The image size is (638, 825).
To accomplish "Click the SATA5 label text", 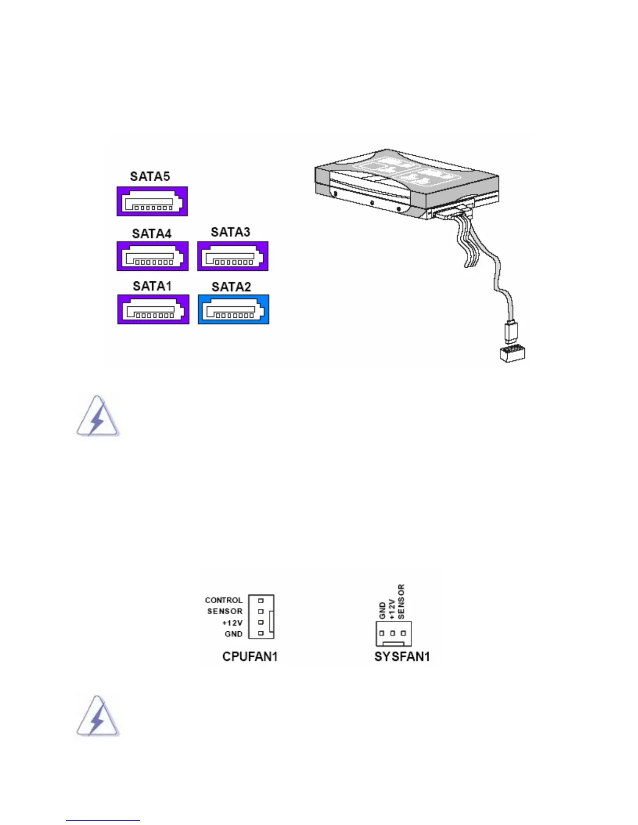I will click(150, 177).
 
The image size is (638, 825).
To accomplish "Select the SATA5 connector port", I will click(152, 202).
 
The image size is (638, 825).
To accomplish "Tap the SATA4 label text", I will click(152, 233).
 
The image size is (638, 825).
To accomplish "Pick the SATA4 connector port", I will click(153, 256).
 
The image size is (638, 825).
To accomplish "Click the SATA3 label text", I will click(230, 232).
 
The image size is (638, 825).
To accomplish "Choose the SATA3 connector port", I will click(232, 256).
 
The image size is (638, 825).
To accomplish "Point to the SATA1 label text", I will click(152, 286).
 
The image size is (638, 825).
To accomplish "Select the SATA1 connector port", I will click(153, 309).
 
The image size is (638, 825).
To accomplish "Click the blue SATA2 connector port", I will click(234, 309).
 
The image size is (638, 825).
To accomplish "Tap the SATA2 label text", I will click(231, 287).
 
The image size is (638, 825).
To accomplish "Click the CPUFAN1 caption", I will click(250, 656).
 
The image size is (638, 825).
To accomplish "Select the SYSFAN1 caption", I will click(402, 656).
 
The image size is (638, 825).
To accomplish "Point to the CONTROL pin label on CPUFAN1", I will click(224, 600).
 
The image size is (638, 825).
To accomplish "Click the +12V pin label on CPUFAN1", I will click(232, 623).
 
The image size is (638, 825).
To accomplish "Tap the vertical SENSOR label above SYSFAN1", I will click(401, 602).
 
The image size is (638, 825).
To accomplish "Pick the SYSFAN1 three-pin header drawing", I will click(394, 633).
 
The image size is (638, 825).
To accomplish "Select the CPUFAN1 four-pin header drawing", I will click(261, 617).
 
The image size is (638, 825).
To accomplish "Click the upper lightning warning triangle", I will click(97, 417).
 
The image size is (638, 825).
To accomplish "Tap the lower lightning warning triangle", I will click(97, 717).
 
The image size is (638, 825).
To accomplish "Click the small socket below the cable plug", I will click(512, 354).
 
